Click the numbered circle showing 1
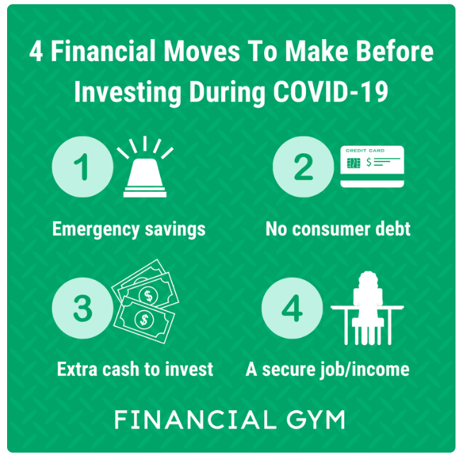pos(83,167)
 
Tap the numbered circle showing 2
pos(303,167)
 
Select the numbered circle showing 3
pos(83,308)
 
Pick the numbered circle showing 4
pos(293,308)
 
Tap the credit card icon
pos(373,166)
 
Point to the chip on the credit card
pos(353,163)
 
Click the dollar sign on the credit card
pos(368,162)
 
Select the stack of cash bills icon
pos(145,301)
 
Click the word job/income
pos(365,370)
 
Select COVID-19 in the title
pos(331,92)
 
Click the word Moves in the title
pos(202,51)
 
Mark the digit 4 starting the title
pos(36,51)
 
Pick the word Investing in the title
pos(128,92)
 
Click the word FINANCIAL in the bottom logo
pos(196,419)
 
